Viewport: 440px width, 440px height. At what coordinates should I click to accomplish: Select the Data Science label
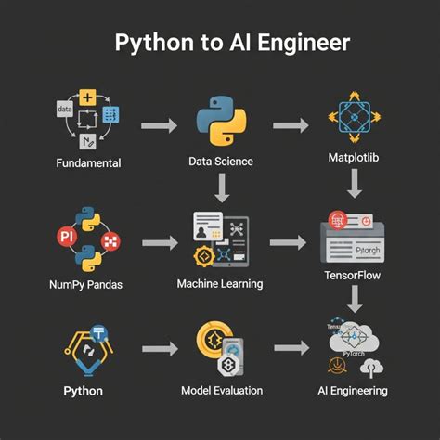coord(220,162)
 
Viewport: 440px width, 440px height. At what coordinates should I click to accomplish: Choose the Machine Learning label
coord(220,283)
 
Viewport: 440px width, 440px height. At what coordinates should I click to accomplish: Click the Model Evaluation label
coord(221,390)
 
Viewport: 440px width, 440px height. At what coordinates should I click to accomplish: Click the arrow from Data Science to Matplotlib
coord(291,124)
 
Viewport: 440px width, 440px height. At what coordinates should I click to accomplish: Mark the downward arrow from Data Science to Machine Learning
coord(221,190)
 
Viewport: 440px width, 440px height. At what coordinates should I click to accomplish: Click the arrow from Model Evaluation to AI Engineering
coord(291,348)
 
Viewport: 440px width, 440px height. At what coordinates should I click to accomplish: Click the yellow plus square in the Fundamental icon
coord(87,97)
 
